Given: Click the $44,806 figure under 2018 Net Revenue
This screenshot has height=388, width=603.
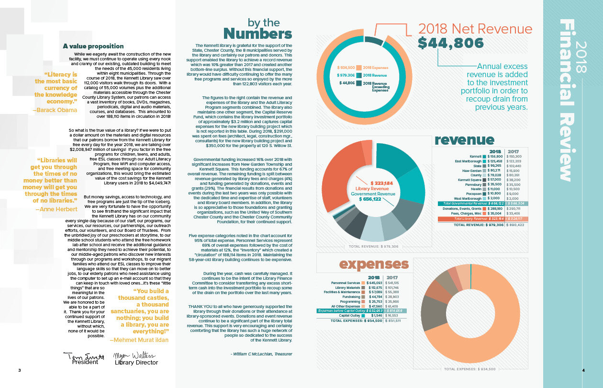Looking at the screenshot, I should click(x=450, y=43).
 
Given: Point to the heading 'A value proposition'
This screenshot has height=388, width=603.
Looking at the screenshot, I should click(x=93, y=46).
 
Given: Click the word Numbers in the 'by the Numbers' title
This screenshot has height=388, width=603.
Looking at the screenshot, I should click(x=257, y=34).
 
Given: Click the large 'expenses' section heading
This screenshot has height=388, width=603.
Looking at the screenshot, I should click(x=374, y=264).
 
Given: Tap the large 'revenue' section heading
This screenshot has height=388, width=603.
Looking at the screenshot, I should click(x=464, y=140).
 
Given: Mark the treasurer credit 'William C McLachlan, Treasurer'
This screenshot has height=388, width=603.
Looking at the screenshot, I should click(x=261, y=354).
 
